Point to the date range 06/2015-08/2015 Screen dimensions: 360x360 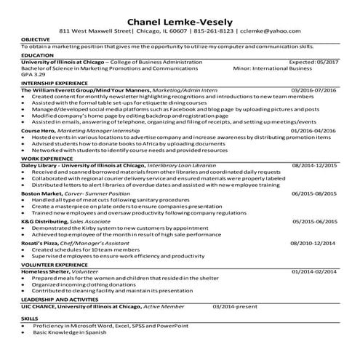314,194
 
